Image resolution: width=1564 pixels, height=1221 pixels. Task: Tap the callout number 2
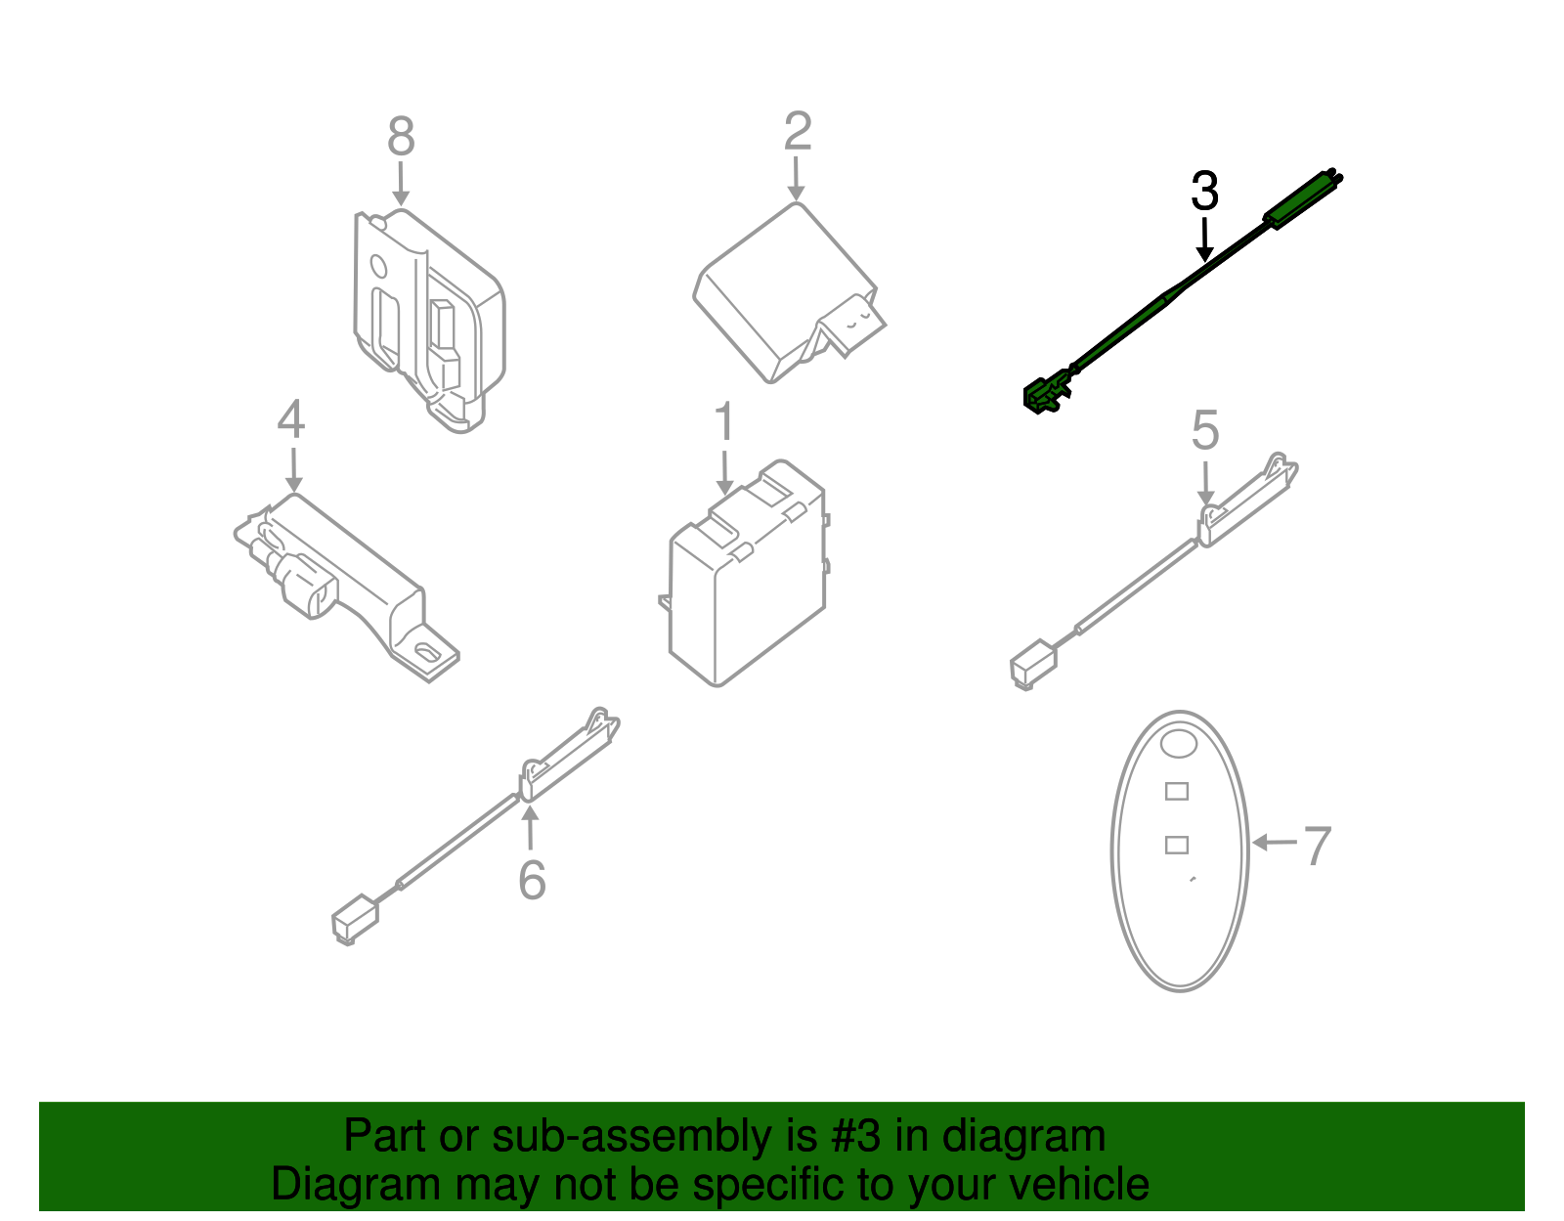tap(798, 131)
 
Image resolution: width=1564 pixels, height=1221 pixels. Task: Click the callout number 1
tap(724, 421)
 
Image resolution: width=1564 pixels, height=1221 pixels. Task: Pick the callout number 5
tap(1205, 430)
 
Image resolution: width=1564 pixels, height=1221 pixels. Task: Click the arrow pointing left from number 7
tap(1275, 842)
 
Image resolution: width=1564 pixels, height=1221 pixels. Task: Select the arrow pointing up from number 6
tap(530, 827)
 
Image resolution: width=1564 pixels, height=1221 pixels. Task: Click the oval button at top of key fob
tap(1178, 744)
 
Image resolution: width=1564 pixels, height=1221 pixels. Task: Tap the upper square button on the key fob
tap(1177, 792)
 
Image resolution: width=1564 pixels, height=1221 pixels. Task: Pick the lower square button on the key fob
tap(1177, 845)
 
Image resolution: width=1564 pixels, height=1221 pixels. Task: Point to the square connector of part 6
tap(355, 919)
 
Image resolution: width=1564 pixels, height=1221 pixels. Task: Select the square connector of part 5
tap(1033, 664)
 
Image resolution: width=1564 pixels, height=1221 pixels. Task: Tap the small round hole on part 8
tap(378, 266)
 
